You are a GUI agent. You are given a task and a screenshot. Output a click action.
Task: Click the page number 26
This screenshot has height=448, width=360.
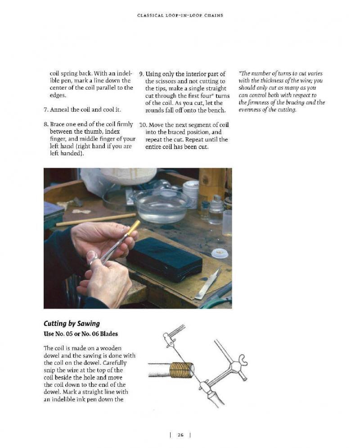(180, 435)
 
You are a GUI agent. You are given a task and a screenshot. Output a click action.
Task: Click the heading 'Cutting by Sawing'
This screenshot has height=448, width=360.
(72, 323)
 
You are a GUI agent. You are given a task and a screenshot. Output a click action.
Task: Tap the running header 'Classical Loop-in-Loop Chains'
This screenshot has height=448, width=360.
(180, 15)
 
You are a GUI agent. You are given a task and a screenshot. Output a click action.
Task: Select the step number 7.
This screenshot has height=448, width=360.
(46, 109)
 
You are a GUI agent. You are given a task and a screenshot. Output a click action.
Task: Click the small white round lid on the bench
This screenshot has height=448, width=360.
(220, 253)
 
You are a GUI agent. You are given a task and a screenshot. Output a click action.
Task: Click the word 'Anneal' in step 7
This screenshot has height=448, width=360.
(61, 109)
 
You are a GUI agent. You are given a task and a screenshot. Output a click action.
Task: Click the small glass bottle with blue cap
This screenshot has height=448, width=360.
(216, 209)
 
